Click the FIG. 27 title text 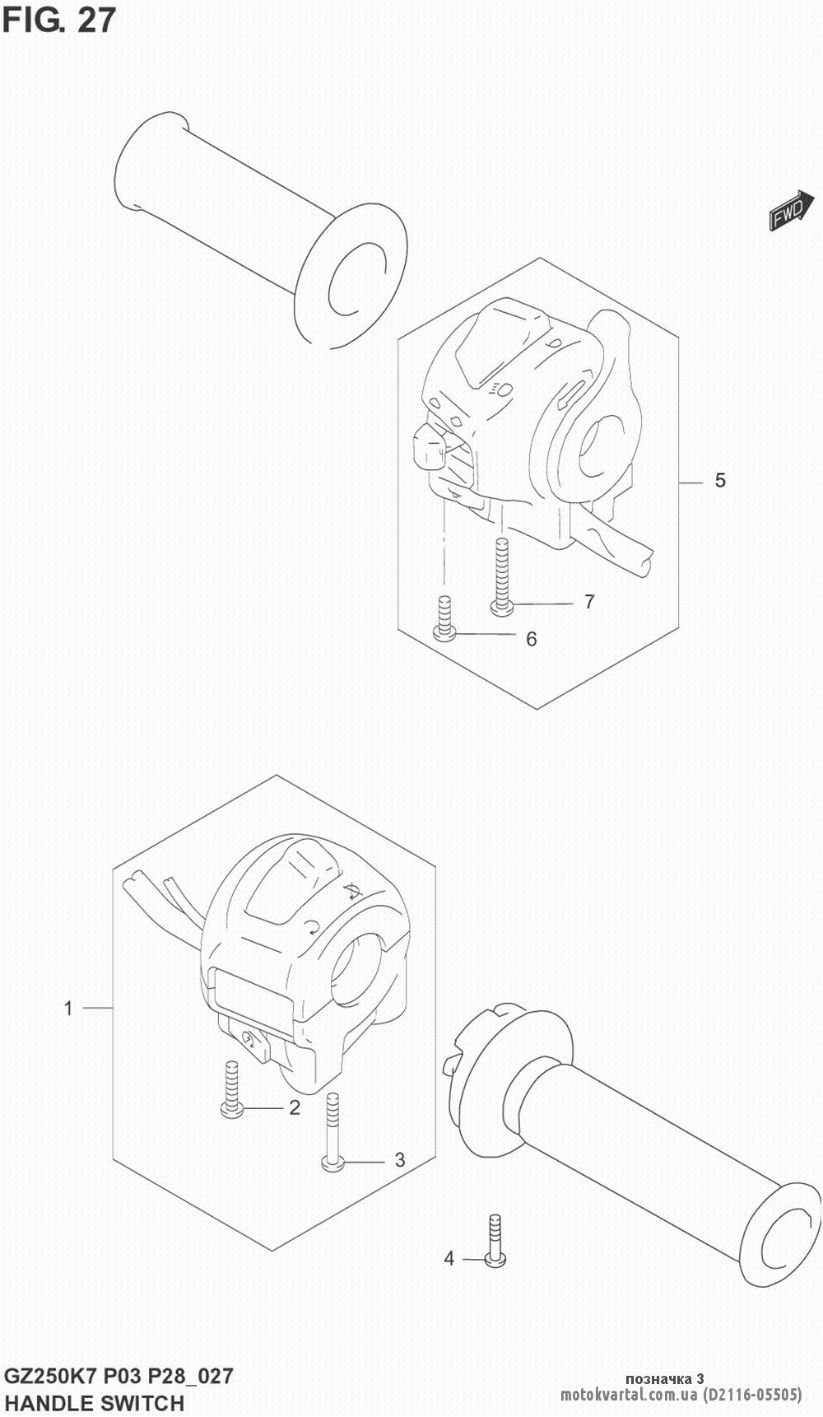[x=59, y=21]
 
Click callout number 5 [x=720, y=480]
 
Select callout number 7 [x=589, y=602]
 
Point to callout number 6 [x=531, y=639]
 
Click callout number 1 [x=69, y=1008]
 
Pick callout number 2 [x=295, y=1108]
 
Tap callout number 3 [x=399, y=1160]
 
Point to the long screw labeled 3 [x=332, y=1131]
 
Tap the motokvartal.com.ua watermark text [x=630, y=1395]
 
